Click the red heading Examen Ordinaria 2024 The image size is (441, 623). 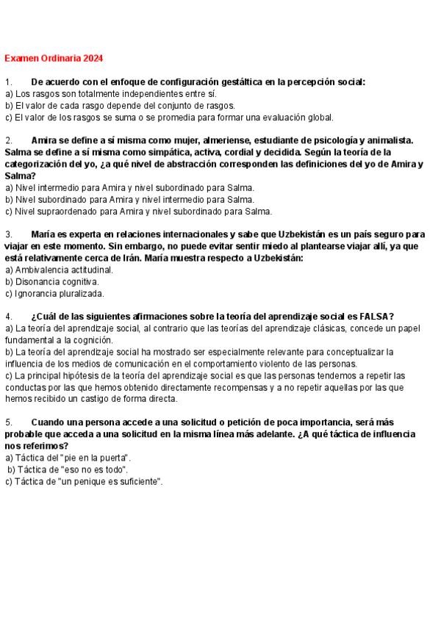[54, 57]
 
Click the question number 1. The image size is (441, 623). [9, 83]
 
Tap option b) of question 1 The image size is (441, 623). [120, 106]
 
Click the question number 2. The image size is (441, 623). [9, 140]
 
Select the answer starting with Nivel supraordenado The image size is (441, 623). [138, 212]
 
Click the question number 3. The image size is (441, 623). [9, 234]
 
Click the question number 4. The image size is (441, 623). [9, 316]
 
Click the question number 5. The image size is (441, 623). [9, 422]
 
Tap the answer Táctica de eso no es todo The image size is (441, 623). [68, 469]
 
